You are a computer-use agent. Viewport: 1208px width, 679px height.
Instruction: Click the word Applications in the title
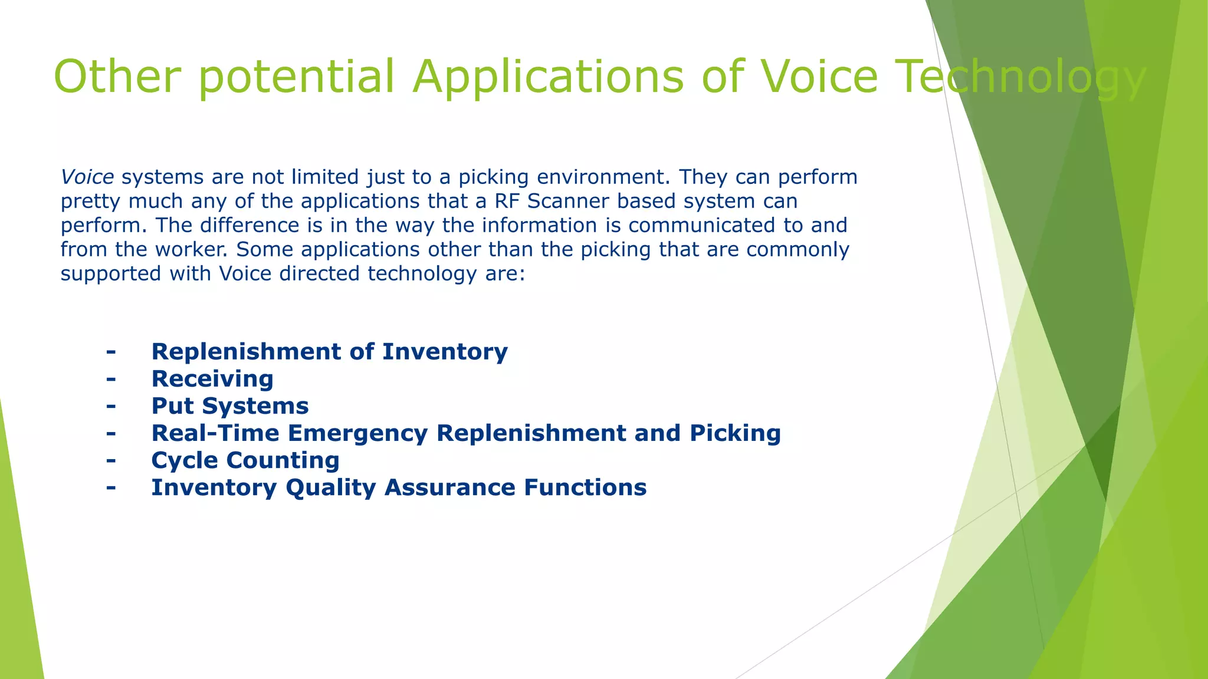tap(547, 77)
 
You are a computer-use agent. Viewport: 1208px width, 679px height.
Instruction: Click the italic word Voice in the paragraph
tap(87, 177)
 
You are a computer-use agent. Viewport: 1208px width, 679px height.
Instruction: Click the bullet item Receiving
tap(212, 379)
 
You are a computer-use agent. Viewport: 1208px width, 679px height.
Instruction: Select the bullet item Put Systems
tap(230, 406)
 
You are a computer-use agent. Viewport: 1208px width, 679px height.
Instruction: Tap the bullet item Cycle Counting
tap(245, 460)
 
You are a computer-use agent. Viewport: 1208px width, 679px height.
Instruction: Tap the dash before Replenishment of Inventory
tap(111, 352)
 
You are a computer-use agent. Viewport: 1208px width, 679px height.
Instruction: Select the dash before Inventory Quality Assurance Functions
tap(111, 487)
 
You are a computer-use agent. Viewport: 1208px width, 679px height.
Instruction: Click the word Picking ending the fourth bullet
tap(735, 433)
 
